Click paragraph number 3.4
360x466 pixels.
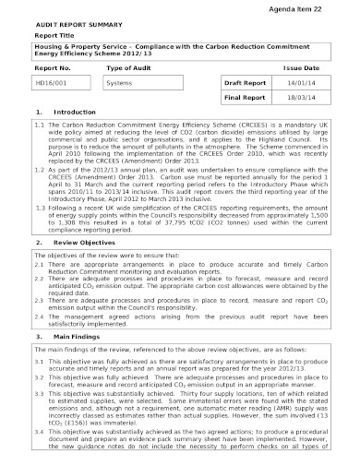tap(39, 434)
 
